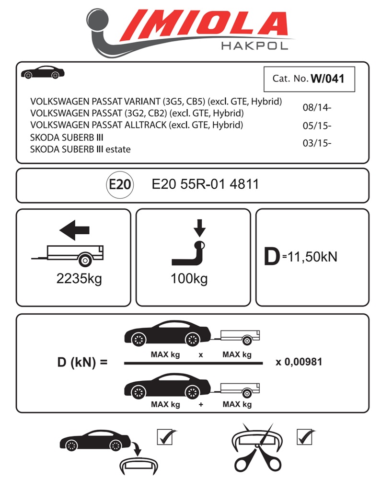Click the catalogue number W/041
click(327, 79)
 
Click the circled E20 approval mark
click(119, 185)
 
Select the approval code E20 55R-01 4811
click(205, 184)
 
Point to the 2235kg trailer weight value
click(79, 279)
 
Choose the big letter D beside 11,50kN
click(272, 257)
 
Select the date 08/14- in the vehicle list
click(317, 107)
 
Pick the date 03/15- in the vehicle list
click(317, 143)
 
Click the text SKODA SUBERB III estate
click(80, 149)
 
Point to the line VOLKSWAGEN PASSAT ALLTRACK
click(137, 125)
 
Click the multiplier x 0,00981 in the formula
click(299, 362)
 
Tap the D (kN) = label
click(82, 363)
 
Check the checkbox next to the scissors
click(306, 436)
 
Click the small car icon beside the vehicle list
click(43, 72)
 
